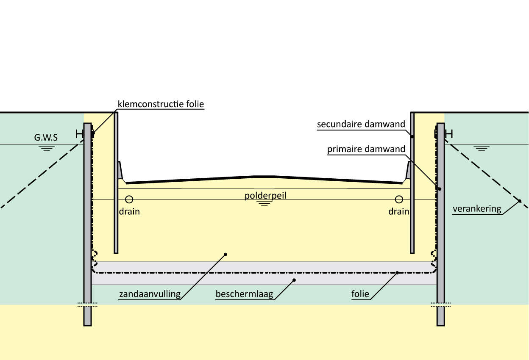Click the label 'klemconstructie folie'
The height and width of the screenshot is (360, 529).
coord(161,104)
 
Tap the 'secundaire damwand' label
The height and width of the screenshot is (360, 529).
coord(361,125)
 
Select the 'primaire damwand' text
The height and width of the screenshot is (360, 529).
coord(366,149)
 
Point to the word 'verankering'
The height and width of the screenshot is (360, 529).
coord(476,209)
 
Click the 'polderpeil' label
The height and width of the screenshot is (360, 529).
coord(265,196)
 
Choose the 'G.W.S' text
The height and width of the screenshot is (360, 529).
coord(46,138)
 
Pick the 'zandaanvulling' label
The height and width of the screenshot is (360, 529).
coord(150,294)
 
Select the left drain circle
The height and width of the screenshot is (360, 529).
coord(129,199)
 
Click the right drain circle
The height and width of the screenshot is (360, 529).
coord(398,199)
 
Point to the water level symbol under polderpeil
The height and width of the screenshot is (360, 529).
coord(265,203)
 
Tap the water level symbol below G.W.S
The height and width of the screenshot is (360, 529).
coord(47,148)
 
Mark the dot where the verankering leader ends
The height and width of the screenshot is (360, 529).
coord(519,201)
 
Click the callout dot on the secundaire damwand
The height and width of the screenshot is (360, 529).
coord(412,137)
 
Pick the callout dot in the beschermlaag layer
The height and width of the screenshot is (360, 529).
coord(295,280)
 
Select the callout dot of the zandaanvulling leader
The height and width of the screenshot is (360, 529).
coord(226,254)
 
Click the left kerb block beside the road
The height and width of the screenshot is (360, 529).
coord(121,170)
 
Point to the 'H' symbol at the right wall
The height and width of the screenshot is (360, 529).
coord(449,134)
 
